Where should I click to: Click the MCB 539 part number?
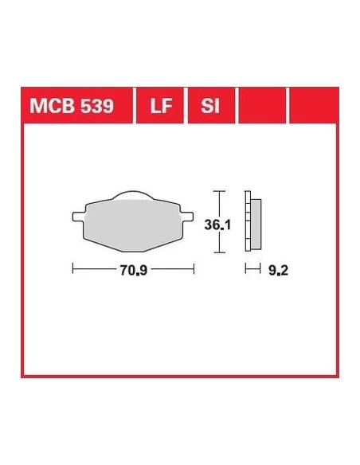tap(72, 106)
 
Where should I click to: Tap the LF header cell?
tap(160, 105)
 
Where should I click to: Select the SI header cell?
tap(211, 105)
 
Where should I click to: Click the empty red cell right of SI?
tap(263, 105)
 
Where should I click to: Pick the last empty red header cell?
tap(314, 105)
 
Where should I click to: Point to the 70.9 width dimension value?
tap(134, 270)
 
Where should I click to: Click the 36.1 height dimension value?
tap(217, 225)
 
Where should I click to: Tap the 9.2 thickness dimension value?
tap(278, 270)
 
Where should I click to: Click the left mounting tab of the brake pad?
tap(78, 217)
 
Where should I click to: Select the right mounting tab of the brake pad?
tap(187, 217)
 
